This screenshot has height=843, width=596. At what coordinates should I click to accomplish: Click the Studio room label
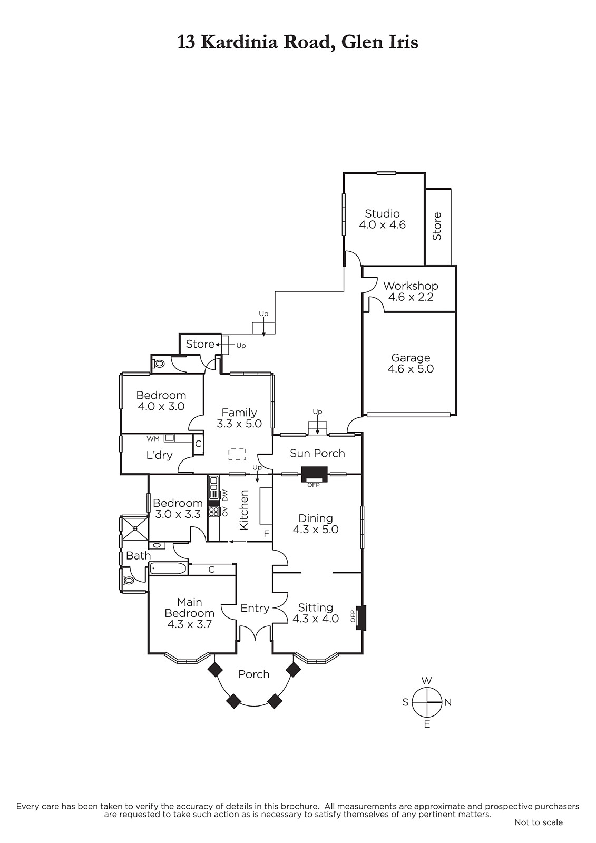coord(382,214)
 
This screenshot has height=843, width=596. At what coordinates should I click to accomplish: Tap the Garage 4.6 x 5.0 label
coord(411,363)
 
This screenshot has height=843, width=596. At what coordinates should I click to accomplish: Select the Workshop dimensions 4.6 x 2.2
coord(411,297)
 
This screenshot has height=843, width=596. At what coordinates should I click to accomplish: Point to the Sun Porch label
coord(317,453)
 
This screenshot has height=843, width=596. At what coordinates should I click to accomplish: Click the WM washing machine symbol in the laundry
coord(170,438)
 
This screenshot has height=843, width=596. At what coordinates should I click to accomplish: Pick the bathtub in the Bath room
coord(168,568)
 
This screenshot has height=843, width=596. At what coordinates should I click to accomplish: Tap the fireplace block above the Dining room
coord(314,474)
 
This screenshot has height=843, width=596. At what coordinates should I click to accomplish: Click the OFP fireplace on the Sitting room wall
coord(361,617)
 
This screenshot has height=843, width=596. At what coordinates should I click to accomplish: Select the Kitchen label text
coord(244,510)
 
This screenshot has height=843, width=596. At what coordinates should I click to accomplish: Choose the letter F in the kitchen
coord(266,534)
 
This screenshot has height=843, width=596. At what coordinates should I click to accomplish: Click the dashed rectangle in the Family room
coord(237,454)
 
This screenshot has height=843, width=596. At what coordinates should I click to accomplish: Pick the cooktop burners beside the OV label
coord(214,512)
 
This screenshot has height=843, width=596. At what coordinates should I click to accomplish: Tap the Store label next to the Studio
coord(437,227)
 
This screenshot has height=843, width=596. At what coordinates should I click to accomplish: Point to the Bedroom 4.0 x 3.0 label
coord(161,401)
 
